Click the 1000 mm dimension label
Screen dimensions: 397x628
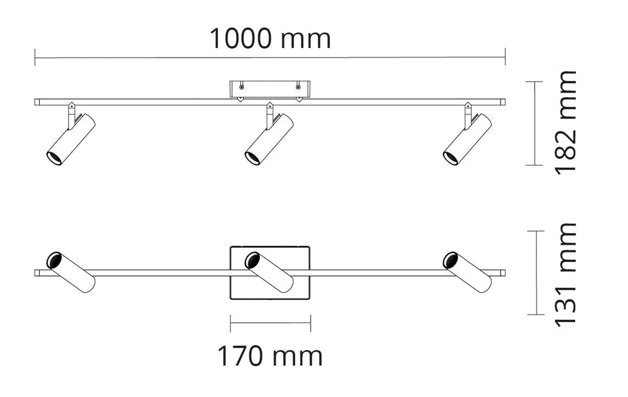coord(270,39)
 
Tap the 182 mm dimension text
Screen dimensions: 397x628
coord(565,122)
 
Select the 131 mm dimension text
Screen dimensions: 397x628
coord(565,274)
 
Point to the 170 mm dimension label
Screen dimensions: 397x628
coord(270,356)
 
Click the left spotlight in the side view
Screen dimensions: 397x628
coord(71,140)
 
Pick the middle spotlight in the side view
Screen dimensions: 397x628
coord(269,140)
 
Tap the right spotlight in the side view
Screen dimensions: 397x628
coord(468,140)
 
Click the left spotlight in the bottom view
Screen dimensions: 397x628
coord(71,272)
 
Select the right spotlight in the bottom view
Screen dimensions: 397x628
coord(468,272)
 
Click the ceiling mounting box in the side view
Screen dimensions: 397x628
coord(270,89)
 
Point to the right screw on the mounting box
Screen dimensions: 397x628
coord(298,87)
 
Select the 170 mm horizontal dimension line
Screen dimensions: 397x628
coord(270,323)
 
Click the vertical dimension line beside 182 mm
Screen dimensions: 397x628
coord(534,123)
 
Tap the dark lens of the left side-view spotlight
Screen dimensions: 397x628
coord(54,157)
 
